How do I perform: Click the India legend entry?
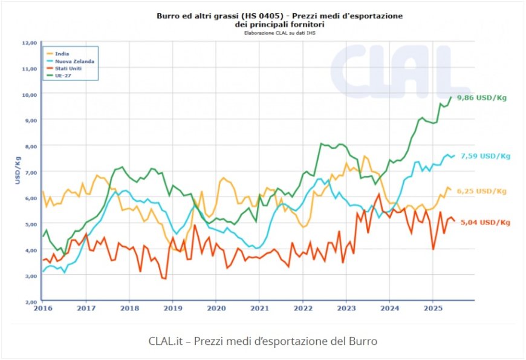(62, 54)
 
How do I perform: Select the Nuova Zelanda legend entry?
(74, 61)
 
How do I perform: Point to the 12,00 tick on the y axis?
(30, 42)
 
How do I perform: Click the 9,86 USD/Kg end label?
(481, 97)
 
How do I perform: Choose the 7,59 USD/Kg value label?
(485, 155)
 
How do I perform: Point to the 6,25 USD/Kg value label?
(481, 191)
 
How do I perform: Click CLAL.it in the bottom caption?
(164, 341)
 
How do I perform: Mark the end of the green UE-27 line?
(451, 97)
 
